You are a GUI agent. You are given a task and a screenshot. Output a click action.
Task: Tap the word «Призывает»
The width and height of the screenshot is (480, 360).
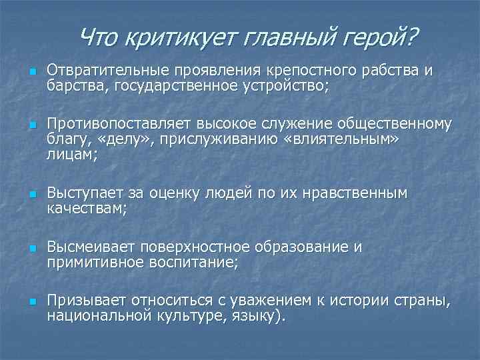[x=86, y=301]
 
